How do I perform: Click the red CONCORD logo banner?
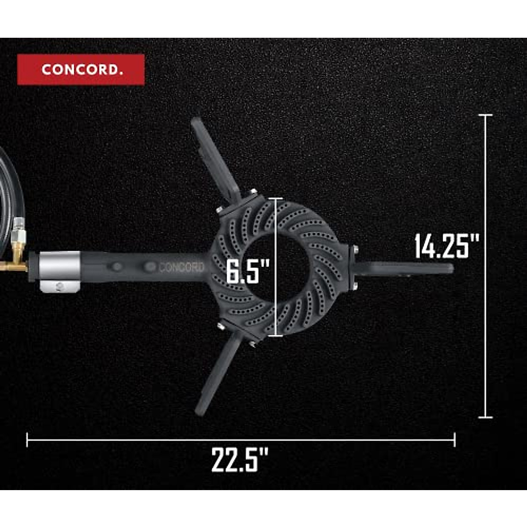[81, 69]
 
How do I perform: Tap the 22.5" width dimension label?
[240, 460]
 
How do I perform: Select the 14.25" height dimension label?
[447, 246]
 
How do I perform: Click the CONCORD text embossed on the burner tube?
[181, 267]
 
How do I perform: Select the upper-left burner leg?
[216, 159]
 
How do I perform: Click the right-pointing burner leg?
[402, 268]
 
